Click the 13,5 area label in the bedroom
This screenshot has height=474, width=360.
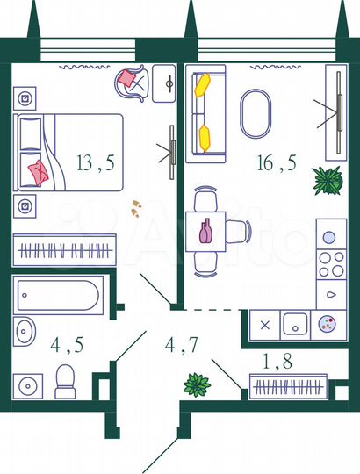(97, 162)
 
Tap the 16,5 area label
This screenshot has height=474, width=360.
(270, 162)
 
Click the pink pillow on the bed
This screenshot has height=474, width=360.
(38, 171)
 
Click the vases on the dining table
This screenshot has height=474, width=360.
(206, 232)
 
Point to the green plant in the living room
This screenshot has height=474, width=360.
(327, 182)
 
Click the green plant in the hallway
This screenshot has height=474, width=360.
(196, 384)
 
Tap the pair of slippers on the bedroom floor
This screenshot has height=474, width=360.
(137, 208)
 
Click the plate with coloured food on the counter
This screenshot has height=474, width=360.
(327, 323)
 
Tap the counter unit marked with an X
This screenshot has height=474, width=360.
(265, 323)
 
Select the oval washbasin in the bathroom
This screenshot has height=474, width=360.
(25, 332)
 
